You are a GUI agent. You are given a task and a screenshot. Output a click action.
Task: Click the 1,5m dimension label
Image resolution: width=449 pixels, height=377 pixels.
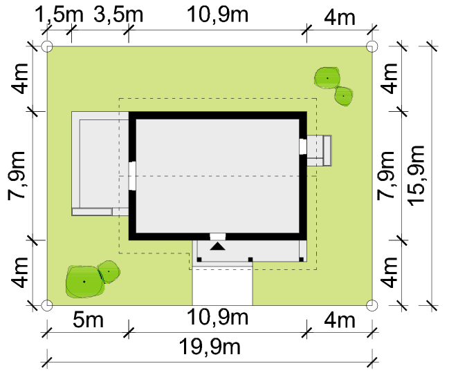click(59, 14)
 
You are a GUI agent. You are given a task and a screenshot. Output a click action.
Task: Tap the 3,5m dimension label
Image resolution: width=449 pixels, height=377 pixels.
click(118, 14)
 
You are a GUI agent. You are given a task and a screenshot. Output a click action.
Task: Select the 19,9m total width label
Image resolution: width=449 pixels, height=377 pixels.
click(210, 347)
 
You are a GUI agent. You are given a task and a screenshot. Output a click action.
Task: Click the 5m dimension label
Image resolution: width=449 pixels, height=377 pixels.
click(88, 320)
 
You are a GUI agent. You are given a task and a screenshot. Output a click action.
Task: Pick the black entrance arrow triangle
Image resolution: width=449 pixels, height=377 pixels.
click(218, 246)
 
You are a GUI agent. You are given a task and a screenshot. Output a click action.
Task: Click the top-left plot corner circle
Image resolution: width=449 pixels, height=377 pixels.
click(47, 46)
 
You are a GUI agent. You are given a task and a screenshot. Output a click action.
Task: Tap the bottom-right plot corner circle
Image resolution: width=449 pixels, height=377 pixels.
click(372, 305)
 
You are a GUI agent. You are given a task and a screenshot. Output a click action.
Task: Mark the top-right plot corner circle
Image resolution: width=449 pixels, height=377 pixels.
click(372, 46)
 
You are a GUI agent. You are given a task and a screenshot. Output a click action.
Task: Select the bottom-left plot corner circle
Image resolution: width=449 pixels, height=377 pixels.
click(47, 305)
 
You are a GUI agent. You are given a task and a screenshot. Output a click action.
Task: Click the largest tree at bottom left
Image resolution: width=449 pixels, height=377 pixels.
click(84, 282)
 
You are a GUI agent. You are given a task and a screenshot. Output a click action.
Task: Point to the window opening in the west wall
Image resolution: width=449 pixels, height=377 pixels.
click(132, 176)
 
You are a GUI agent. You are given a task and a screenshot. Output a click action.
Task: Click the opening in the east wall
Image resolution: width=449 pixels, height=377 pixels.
click(303, 146)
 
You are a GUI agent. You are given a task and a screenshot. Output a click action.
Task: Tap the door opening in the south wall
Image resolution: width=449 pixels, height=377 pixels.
click(218, 237)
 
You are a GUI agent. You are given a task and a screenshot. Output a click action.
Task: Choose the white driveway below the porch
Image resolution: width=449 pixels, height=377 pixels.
click(222, 286)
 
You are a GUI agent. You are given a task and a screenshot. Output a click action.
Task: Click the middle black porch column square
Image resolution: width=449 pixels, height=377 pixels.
click(250, 260)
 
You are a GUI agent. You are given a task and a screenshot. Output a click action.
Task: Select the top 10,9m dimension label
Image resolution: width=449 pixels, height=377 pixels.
click(217, 14)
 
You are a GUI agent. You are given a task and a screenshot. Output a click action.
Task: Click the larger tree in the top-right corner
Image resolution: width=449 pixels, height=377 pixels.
click(327, 78)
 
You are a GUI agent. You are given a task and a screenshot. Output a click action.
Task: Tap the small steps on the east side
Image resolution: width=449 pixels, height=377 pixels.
click(320, 151)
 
